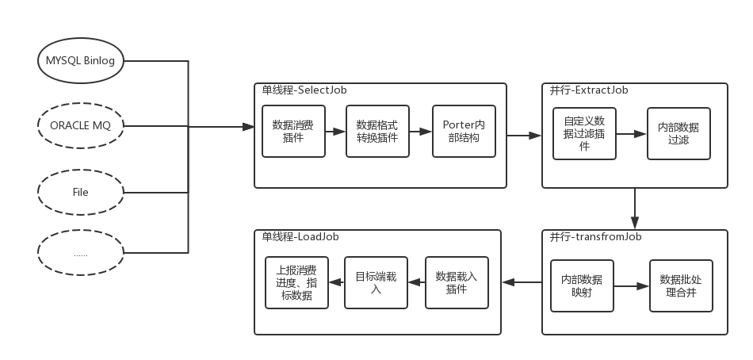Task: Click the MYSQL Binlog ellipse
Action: tap(81, 62)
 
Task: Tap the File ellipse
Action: tap(81, 192)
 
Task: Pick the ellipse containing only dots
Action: tap(81, 255)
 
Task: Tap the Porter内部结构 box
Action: tap(464, 131)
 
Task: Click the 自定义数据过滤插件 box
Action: tap(584, 134)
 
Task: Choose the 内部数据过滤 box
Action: tap(678, 134)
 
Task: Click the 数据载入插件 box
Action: tap(457, 282)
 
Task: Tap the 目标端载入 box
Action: tap(376, 282)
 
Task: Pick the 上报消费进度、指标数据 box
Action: tap(296, 282)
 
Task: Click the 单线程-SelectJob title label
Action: tap(304, 90)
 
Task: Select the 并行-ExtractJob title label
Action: tap(589, 90)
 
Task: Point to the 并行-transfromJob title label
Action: tap(595, 237)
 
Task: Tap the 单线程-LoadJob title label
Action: tap(301, 237)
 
